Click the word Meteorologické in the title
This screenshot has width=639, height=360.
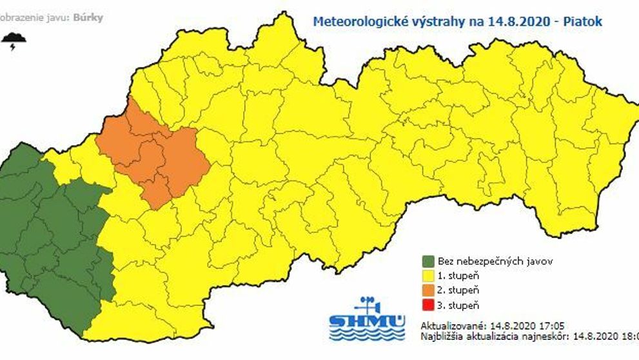[x=355, y=21]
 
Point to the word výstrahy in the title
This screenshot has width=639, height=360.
[x=439, y=21]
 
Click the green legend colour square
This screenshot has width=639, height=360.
[x=428, y=261]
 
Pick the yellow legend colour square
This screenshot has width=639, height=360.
[x=428, y=275]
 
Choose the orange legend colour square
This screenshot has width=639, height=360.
[x=428, y=290]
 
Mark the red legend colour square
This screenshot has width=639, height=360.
[x=428, y=305]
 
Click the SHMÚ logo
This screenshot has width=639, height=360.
[x=367, y=319]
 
